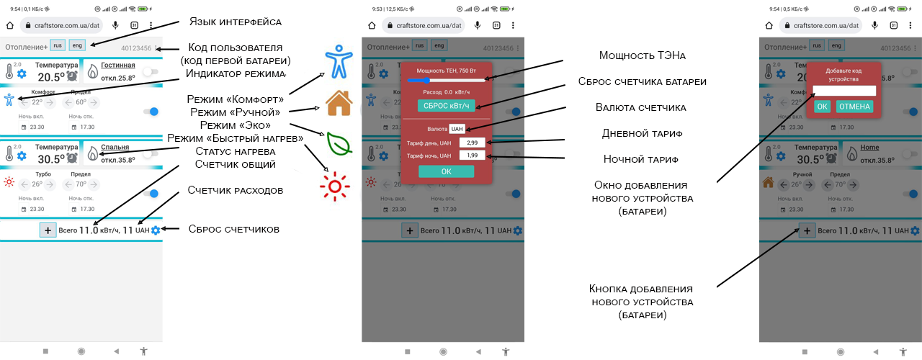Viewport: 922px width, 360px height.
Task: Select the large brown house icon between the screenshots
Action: [339, 103]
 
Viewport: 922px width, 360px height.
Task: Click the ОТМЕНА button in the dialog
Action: [854, 107]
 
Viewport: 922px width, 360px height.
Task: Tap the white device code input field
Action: [844, 91]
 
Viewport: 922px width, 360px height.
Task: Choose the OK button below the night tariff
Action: [446, 171]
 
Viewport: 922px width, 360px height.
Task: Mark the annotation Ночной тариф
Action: [632, 159]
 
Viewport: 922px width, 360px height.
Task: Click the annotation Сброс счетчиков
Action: [234, 229]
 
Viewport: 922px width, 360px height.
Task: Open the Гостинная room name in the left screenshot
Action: [118, 65]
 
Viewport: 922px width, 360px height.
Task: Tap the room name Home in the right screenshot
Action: [869, 148]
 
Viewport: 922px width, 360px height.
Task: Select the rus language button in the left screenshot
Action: [57, 45]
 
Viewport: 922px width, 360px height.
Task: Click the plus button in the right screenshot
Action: [806, 230]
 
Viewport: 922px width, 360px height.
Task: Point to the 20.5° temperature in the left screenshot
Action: [52, 77]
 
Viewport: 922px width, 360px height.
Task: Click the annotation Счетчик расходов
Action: [235, 190]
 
